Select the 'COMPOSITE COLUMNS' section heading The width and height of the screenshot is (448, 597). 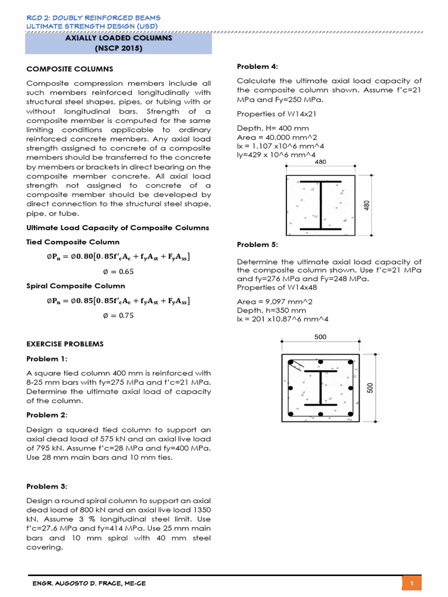[70, 69]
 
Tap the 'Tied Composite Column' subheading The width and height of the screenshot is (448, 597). [73, 242]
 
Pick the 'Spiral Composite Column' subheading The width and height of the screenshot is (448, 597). [76, 286]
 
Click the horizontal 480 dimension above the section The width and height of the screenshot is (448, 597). [320, 163]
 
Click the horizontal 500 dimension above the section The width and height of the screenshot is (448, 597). [320, 337]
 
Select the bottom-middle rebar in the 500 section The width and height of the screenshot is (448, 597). [320, 415]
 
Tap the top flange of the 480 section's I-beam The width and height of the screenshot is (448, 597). [320, 182]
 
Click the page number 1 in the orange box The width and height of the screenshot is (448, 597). [412, 584]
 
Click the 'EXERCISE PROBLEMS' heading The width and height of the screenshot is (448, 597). [65, 344]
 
